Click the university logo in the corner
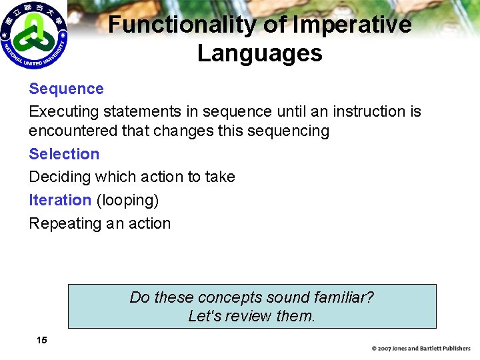(35, 35)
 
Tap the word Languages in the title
(260, 53)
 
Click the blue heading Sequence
(66, 89)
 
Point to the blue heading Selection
(64, 154)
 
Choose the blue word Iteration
(60, 200)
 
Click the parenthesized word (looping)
(127, 200)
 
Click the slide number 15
(42, 340)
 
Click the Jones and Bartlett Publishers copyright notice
(421, 349)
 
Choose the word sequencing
(288, 131)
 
